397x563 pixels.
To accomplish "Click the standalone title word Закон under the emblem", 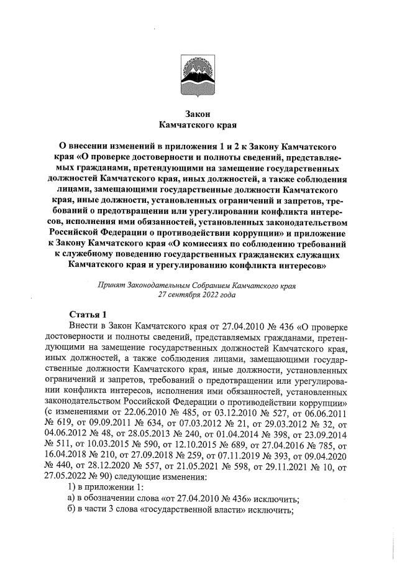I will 198,114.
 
